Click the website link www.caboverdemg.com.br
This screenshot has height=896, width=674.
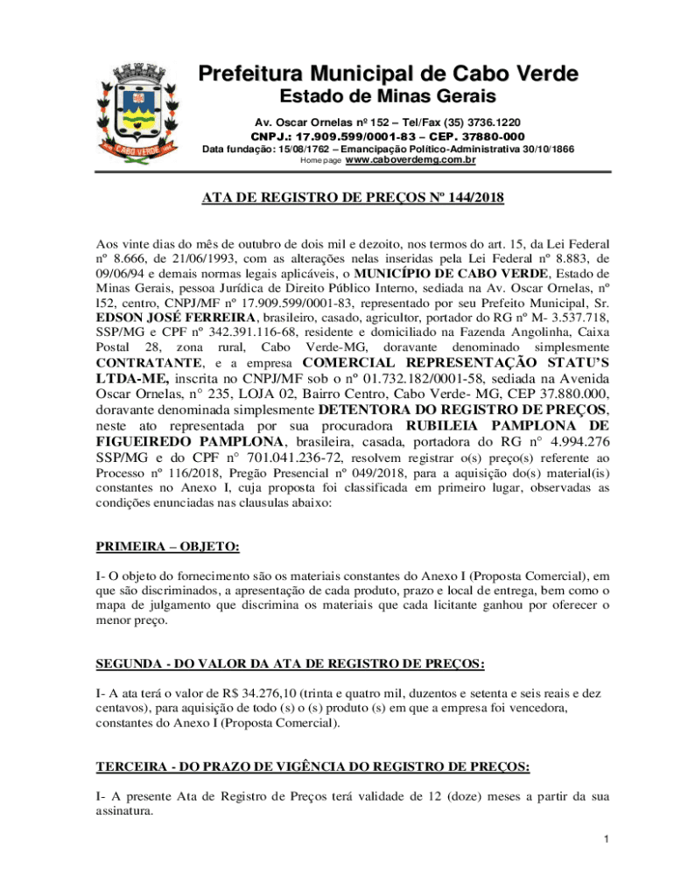point(411,161)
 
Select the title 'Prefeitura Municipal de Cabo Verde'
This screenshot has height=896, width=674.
point(388,74)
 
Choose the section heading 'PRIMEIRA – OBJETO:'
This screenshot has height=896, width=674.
point(167,547)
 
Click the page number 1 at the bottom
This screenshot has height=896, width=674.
point(605,840)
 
